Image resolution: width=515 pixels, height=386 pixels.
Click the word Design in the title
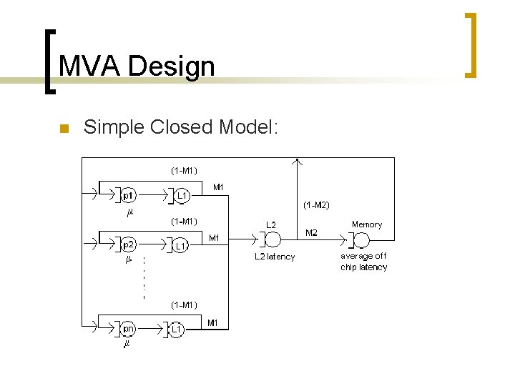172,66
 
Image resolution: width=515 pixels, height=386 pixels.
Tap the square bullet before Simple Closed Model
62,129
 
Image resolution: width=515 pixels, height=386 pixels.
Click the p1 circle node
128,194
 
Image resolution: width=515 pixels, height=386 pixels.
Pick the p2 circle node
128,244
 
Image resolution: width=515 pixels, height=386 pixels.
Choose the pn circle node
128,329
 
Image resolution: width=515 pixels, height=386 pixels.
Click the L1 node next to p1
182,194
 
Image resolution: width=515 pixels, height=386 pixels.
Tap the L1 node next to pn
176,330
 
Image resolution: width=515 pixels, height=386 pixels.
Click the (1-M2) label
315,205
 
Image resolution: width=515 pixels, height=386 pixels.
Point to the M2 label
312,232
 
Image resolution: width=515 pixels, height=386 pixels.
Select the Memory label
367,224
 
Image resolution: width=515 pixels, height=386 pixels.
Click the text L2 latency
275,257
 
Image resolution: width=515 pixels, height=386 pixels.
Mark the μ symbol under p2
128,259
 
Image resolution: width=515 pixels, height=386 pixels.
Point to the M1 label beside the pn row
212,323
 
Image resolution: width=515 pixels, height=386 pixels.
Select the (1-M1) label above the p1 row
184,170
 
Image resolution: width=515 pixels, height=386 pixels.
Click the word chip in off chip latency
350,267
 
